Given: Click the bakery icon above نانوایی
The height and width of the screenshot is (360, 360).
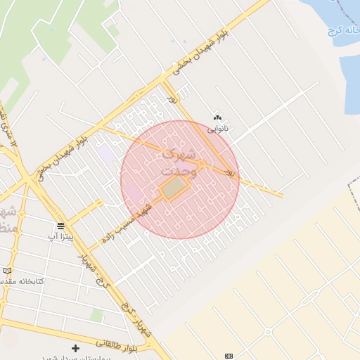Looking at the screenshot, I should [217, 118].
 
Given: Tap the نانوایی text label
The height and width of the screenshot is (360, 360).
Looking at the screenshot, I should [217, 129].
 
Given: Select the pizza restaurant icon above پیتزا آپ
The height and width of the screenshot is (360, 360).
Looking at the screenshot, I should [61, 225].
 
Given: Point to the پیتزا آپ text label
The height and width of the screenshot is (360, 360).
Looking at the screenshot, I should [60, 236].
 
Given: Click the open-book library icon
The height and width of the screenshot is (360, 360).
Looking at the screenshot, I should [7, 271].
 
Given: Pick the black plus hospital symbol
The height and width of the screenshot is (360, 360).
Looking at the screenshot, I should [75, 348].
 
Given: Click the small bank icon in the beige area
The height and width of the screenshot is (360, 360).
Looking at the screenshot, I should [228, 356].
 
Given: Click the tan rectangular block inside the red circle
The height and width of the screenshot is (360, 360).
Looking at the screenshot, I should [174, 188].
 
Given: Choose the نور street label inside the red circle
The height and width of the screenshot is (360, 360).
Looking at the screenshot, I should [229, 171].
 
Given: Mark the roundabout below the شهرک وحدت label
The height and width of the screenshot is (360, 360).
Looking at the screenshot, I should [201, 165].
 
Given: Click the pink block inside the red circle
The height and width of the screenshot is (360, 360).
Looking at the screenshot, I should [131, 191].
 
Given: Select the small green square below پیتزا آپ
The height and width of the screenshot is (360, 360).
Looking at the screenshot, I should [96, 314].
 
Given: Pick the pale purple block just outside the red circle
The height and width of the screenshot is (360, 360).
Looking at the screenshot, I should [105, 153].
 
